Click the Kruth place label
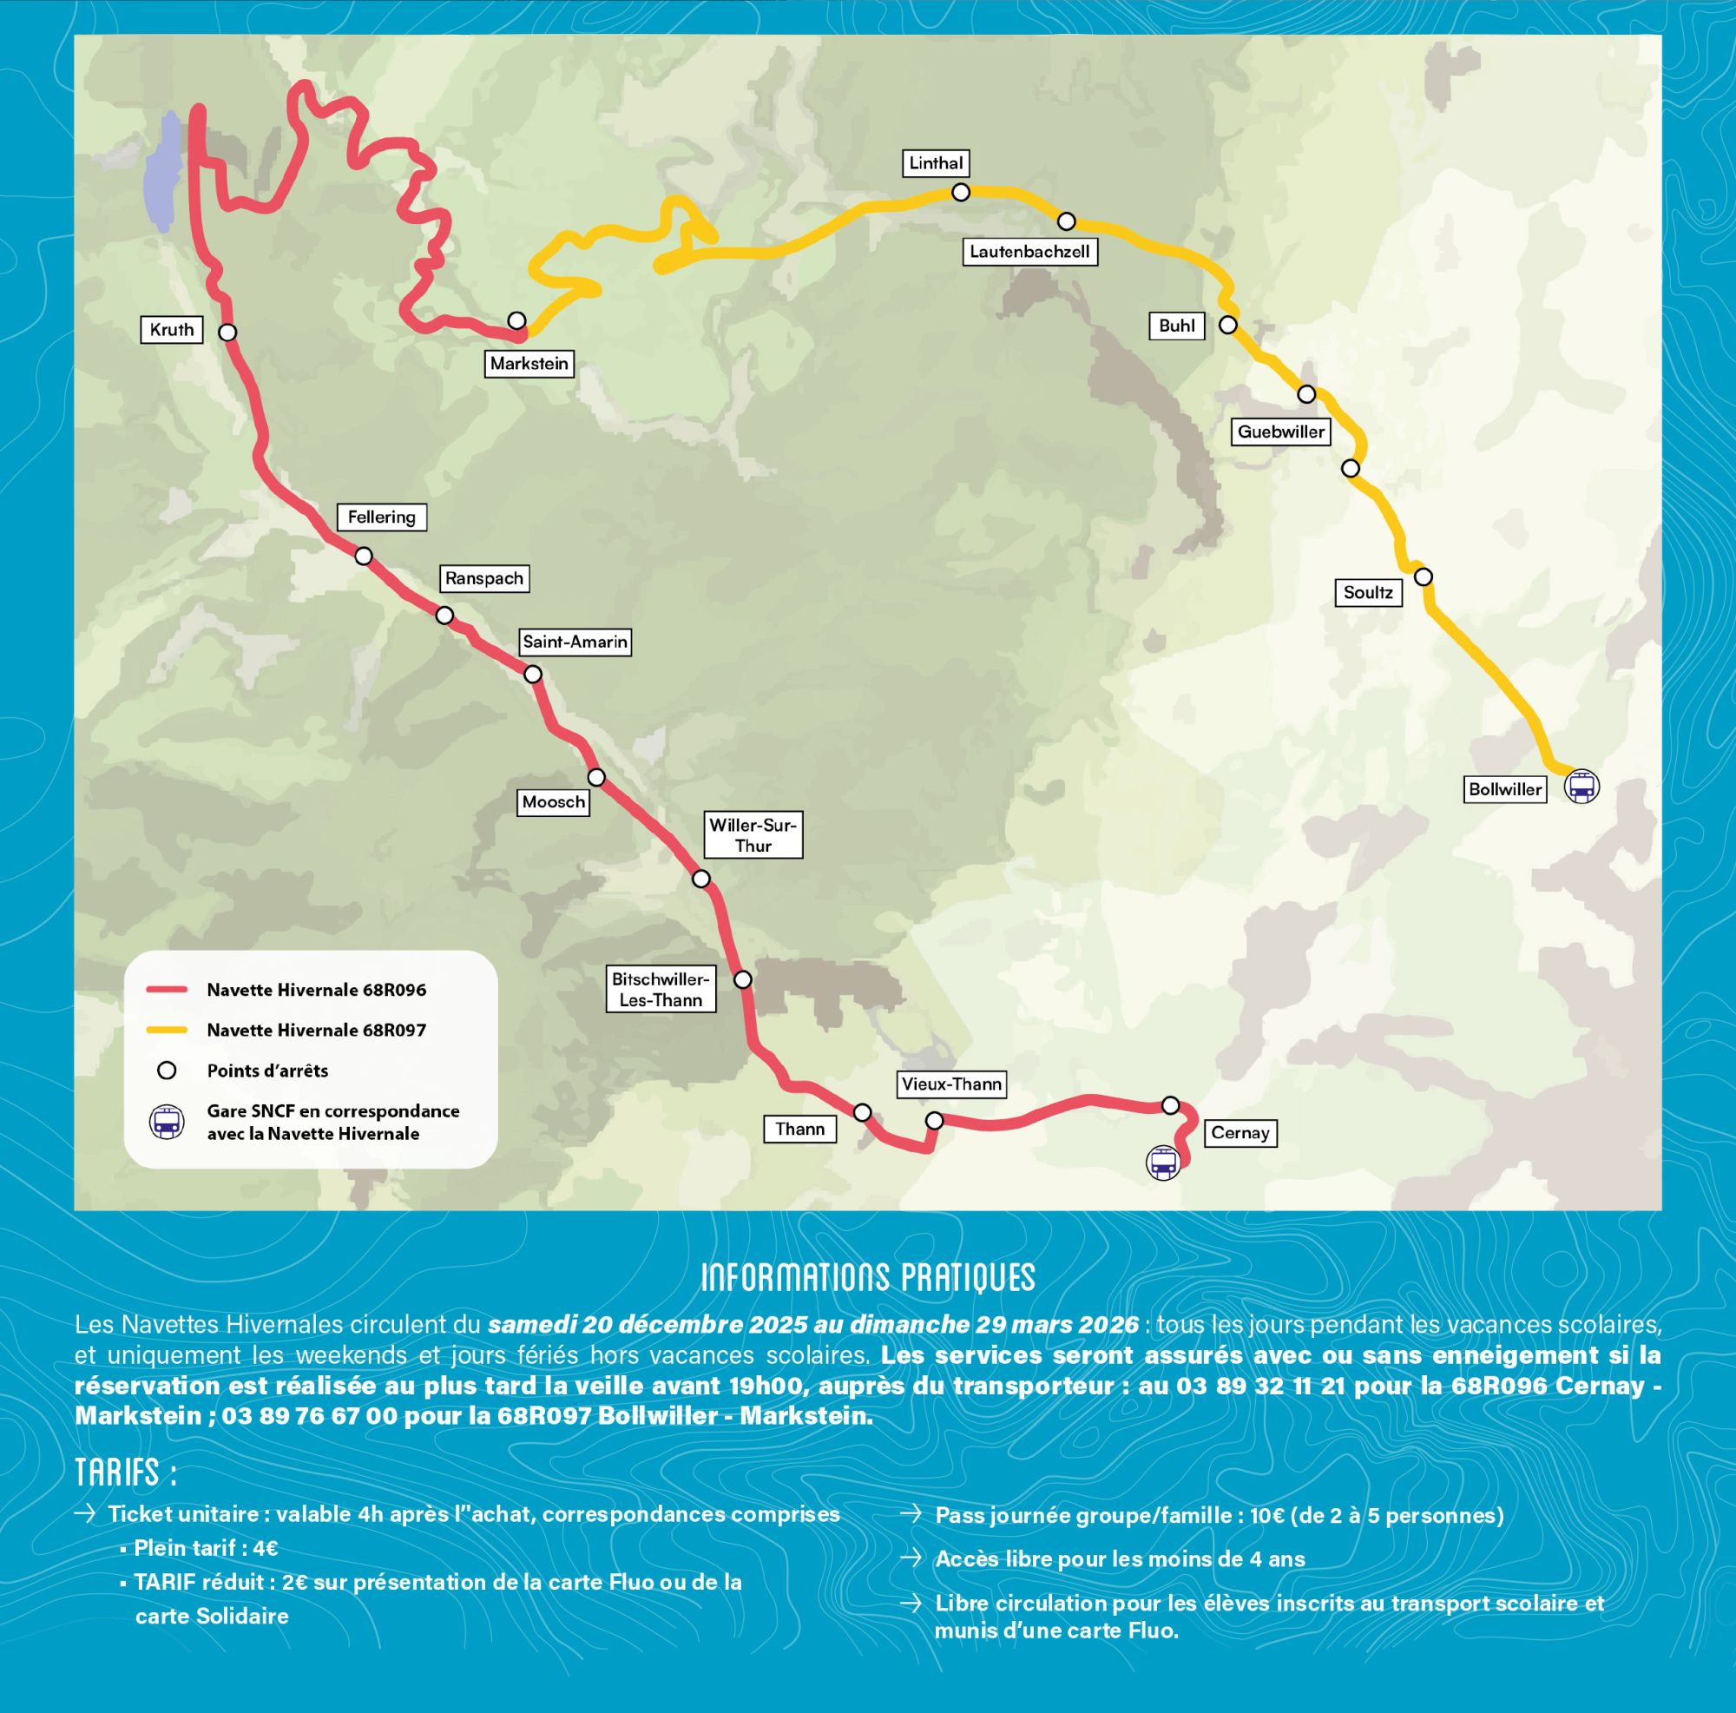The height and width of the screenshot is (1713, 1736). point(172,330)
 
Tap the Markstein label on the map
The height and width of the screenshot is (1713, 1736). point(529,364)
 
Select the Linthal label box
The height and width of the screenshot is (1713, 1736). point(936,163)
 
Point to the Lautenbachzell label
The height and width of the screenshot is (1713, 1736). point(1029,252)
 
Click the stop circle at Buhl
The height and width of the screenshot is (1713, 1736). point(1227,326)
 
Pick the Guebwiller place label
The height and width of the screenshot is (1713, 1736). point(1280,432)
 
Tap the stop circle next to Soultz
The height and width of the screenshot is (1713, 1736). point(1423,576)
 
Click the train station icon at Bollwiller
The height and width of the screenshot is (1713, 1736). point(1581,787)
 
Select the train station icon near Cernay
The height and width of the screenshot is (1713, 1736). point(1163,1163)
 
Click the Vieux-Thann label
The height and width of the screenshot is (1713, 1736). point(951,1084)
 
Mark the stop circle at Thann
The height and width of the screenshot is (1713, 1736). point(862,1113)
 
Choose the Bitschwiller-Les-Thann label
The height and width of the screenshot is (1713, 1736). point(661,990)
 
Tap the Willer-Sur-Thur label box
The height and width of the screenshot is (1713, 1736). point(753,835)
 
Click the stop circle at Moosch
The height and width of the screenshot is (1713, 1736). point(595,776)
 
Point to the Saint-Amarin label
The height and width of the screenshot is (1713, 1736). point(575,642)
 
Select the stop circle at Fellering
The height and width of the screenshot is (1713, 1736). point(363,557)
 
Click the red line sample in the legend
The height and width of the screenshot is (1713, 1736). point(168,990)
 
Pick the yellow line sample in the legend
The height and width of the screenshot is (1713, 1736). point(168,1030)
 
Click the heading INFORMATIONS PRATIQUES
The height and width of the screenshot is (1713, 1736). point(867,1278)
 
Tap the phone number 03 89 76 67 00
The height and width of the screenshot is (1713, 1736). point(309,1415)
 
